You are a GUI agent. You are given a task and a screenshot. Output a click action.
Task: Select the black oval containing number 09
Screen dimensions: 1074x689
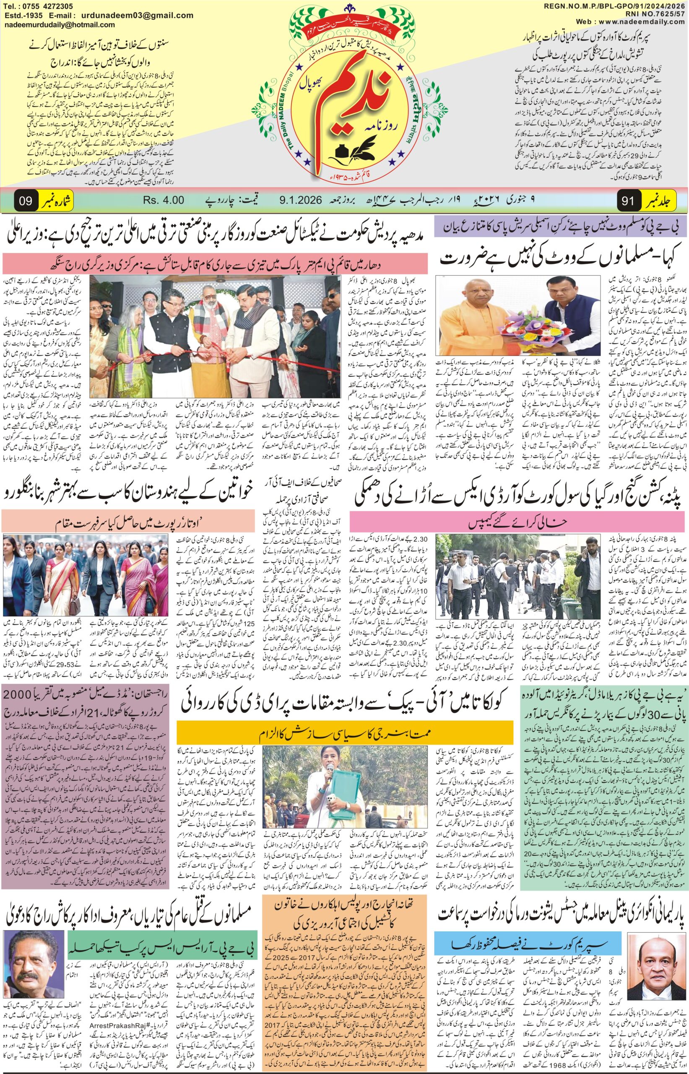(x=26, y=201)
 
